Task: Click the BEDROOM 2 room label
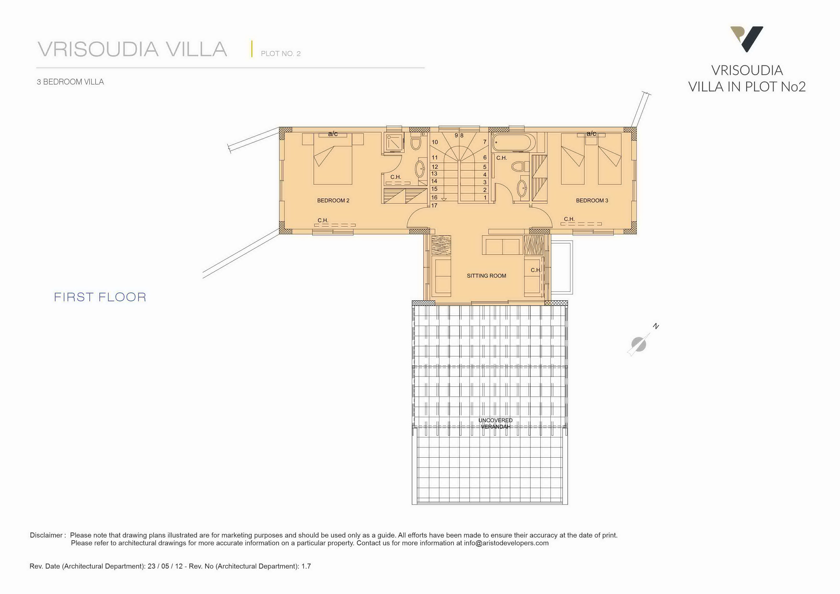point(333,201)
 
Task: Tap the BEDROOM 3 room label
point(592,201)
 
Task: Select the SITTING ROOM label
point(486,276)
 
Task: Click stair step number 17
point(434,206)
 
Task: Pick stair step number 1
point(485,197)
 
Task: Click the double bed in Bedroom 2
point(333,159)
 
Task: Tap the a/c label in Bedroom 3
point(591,134)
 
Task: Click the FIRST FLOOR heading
point(100,297)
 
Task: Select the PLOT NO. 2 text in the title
point(281,54)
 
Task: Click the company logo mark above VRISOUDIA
point(747,39)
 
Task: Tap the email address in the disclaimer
point(506,543)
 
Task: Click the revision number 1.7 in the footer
point(306,566)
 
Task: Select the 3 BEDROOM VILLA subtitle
point(70,82)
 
